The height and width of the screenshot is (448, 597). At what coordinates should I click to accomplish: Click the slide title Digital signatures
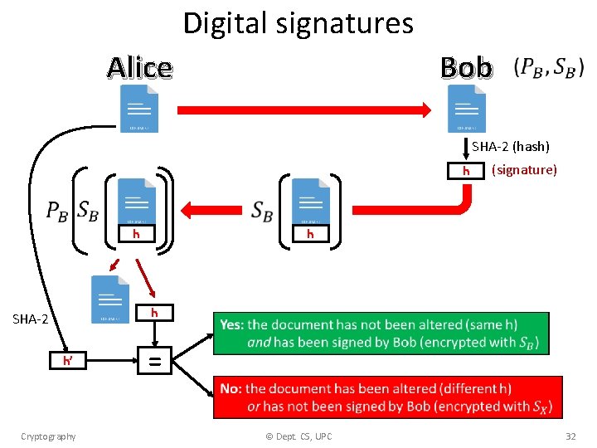click(298, 22)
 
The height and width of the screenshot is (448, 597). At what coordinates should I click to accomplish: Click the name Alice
click(139, 67)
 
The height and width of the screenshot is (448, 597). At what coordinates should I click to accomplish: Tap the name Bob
click(466, 67)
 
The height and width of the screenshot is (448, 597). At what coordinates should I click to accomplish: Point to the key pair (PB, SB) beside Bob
click(549, 68)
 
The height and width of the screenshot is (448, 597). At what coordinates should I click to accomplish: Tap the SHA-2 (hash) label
click(511, 147)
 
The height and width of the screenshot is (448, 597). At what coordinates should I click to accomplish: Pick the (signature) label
click(524, 170)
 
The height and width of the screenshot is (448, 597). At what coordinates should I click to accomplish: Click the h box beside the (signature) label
click(466, 171)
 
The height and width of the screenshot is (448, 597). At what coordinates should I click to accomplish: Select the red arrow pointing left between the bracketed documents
click(216, 208)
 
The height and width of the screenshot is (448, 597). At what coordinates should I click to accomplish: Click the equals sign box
click(154, 361)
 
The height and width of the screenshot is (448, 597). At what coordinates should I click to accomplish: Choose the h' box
click(68, 361)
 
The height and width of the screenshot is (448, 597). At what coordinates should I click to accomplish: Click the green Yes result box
click(381, 334)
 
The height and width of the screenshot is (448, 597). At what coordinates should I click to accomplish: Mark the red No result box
click(387, 397)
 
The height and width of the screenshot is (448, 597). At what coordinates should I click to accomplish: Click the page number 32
click(570, 436)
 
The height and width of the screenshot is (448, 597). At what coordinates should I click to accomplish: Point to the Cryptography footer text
click(48, 436)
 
